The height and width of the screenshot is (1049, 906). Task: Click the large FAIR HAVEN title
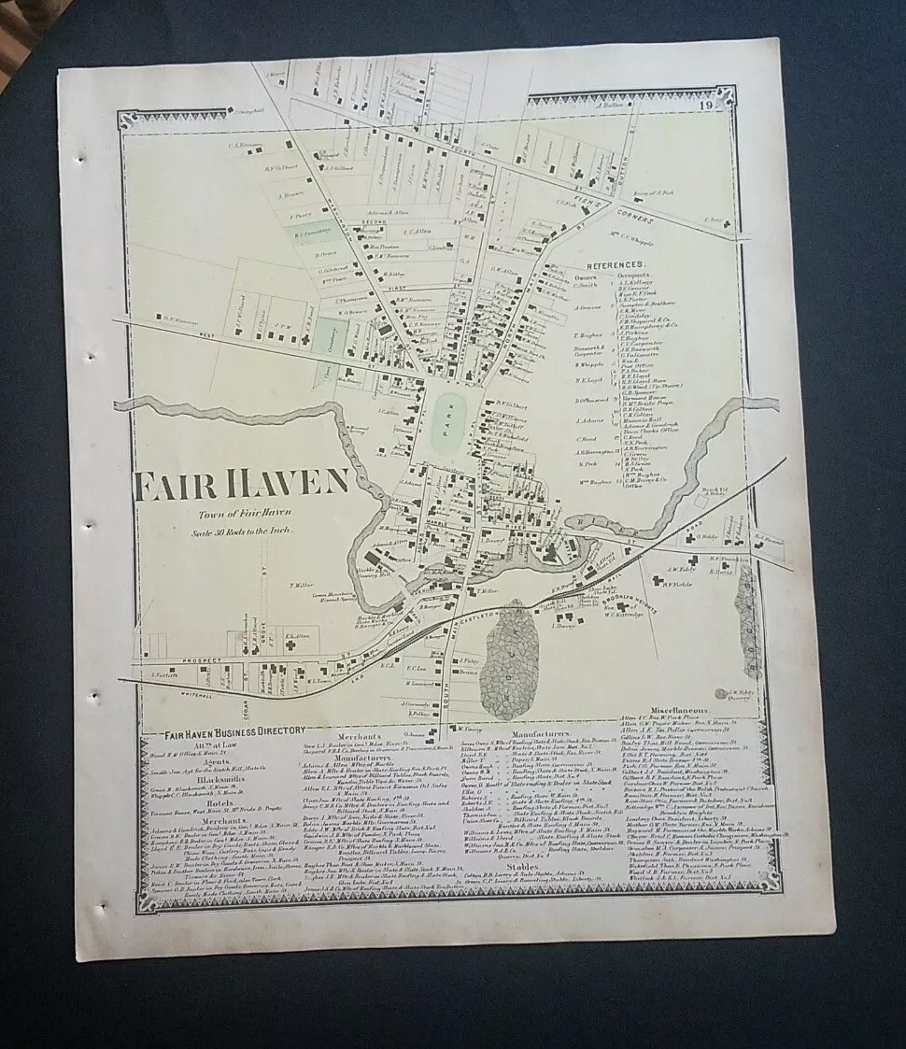242,483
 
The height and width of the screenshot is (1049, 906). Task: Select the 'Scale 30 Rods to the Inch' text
245,530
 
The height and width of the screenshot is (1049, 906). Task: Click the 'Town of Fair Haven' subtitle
245,514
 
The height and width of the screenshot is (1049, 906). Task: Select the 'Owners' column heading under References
585,276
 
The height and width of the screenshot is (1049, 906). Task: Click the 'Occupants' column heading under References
634,276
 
